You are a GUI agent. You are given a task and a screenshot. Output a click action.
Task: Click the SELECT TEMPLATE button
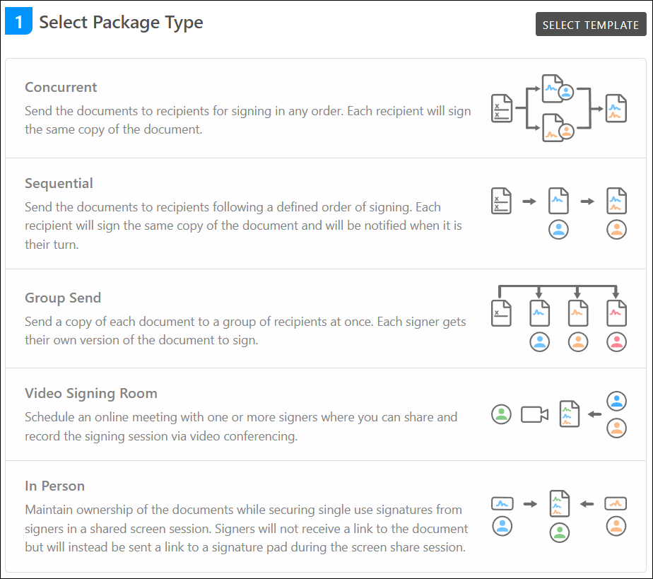point(590,25)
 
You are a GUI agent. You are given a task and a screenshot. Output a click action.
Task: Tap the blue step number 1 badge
point(18,22)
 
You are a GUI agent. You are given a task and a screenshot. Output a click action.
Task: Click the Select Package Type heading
point(121,22)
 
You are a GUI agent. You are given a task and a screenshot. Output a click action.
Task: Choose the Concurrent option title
point(61,88)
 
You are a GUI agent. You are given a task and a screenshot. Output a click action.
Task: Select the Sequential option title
point(59,184)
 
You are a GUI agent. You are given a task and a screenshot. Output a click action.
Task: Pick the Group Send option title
point(63,298)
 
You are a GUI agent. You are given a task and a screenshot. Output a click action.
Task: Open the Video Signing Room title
point(91,393)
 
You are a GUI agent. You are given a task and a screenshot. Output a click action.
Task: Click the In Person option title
point(54,486)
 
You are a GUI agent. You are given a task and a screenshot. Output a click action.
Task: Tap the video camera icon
point(534,414)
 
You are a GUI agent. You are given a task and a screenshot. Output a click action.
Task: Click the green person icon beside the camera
point(501,414)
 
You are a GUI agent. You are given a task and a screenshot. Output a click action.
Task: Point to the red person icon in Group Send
point(616,342)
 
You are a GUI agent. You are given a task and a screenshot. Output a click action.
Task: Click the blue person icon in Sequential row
point(559,229)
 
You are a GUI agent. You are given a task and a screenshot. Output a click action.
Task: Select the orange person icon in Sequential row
point(616,229)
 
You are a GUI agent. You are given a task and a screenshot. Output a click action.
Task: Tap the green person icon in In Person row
point(559,532)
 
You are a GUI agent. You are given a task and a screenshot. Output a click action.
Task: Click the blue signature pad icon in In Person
point(501,504)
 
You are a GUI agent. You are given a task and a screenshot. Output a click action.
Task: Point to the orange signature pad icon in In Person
point(616,504)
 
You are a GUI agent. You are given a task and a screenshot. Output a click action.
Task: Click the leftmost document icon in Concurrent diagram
point(501,108)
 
